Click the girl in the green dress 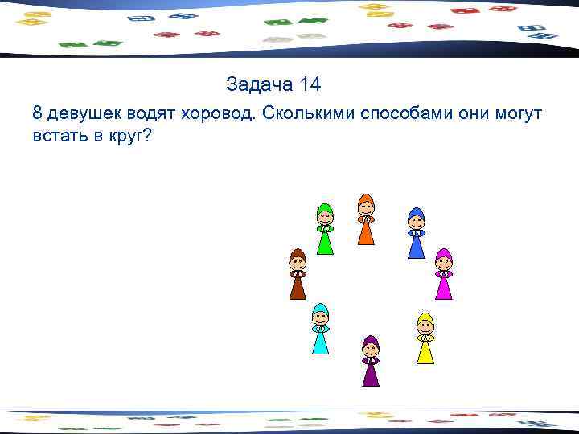click(325, 229)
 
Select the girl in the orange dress click(366, 219)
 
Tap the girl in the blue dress click(416, 233)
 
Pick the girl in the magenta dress click(443, 274)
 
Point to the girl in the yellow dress click(425, 338)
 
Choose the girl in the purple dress click(370, 361)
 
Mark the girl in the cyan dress click(321, 329)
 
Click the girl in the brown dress click(298, 274)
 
